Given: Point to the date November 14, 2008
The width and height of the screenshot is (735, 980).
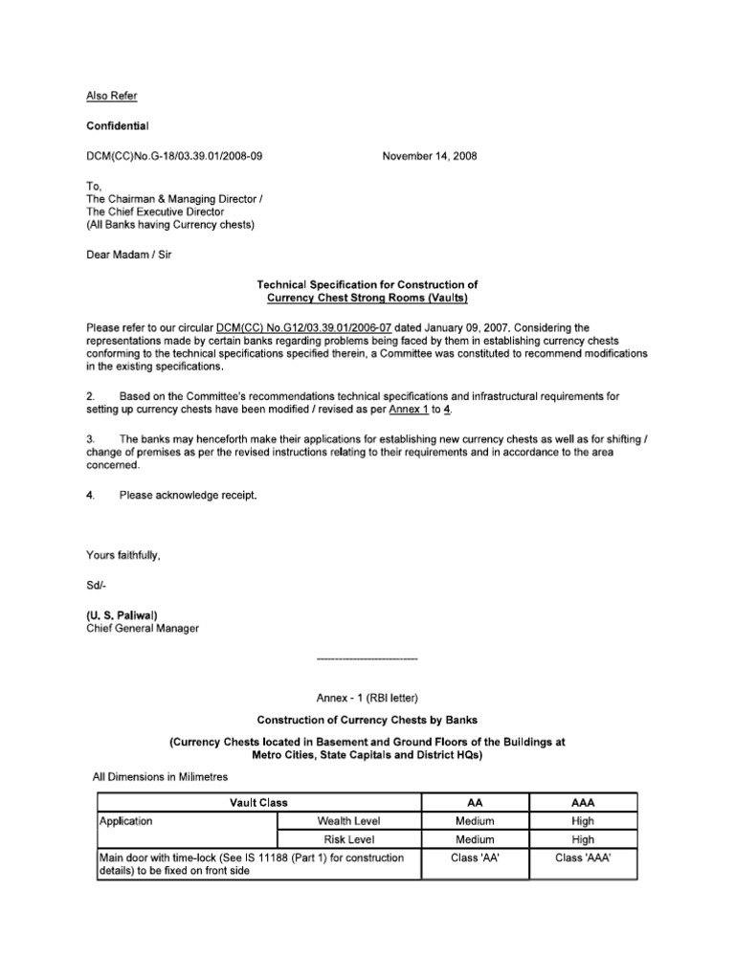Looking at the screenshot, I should click(x=431, y=156).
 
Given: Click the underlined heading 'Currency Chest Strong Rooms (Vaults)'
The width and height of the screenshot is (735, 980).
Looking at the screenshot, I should click(x=367, y=298).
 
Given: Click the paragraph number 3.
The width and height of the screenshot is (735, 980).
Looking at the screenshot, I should click(x=90, y=438).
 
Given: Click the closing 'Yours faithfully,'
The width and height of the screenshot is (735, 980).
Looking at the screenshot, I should click(x=123, y=555).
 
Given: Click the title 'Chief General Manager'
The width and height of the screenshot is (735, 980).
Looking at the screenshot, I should click(x=144, y=629).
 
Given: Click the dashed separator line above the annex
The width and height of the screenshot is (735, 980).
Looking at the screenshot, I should click(x=367, y=659).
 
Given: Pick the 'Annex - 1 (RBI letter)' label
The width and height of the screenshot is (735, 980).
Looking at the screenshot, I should click(x=367, y=700).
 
